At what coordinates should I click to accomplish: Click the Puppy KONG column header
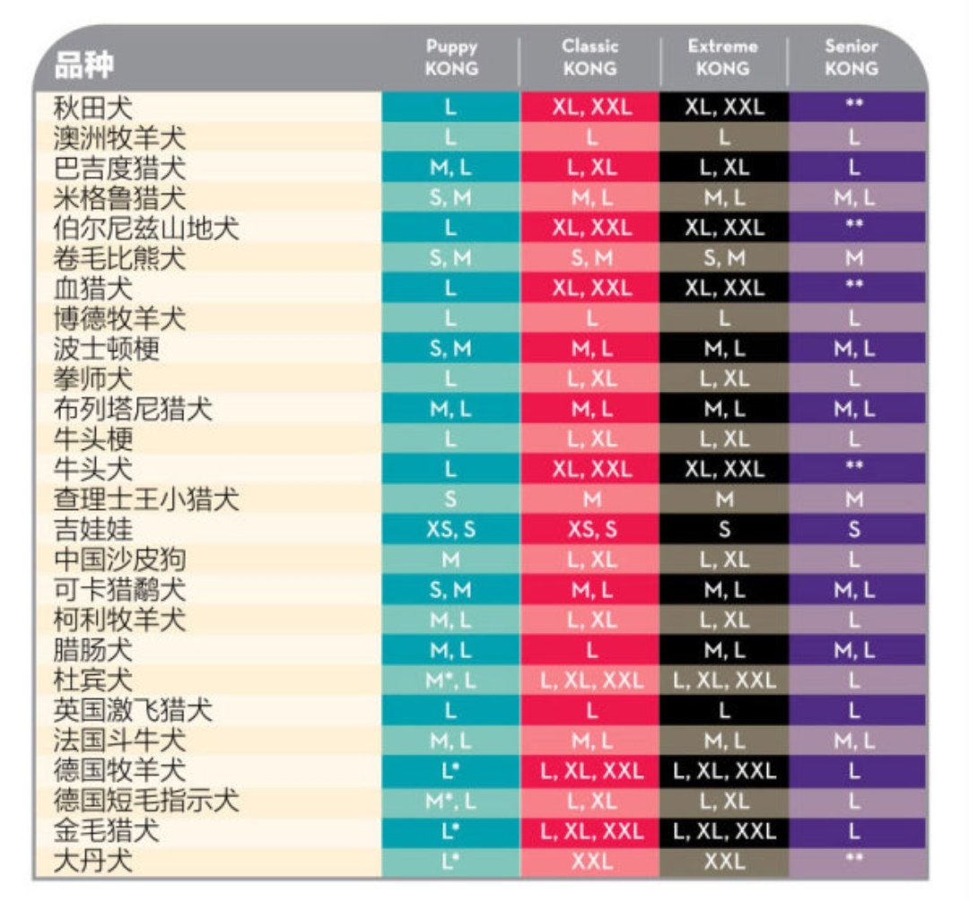pyautogui.click(x=451, y=57)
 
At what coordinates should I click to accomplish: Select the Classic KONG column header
pyautogui.click(x=590, y=57)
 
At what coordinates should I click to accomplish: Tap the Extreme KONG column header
pyautogui.click(x=723, y=57)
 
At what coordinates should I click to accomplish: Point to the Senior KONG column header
pyautogui.click(x=851, y=57)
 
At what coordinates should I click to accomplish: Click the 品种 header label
pyautogui.click(x=85, y=65)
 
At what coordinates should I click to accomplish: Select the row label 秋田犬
pyautogui.click(x=92, y=108)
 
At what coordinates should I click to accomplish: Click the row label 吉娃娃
pyautogui.click(x=92, y=530)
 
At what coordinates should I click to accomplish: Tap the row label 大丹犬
pyautogui.click(x=92, y=862)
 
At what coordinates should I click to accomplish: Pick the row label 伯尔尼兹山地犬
pyautogui.click(x=146, y=229)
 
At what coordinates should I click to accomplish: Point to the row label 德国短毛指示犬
pyautogui.click(x=146, y=801)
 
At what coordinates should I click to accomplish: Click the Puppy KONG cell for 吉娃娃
pyautogui.click(x=451, y=530)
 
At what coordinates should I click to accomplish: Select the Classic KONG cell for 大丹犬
pyautogui.click(x=591, y=862)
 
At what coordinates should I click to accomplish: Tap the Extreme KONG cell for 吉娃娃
pyautogui.click(x=724, y=530)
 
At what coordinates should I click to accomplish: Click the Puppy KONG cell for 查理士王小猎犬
pyautogui.click(x=451, y=499)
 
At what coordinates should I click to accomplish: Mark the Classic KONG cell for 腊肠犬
pyautogui.click(x=591, y=650)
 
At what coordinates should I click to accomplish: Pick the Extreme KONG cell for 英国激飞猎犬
pyautogui.click(x=724, y=711)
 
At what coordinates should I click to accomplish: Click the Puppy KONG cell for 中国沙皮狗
pyautogui.click(x=451, y=560)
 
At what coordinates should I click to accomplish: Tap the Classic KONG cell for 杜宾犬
pyautogui.click(x=591, y=680)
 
